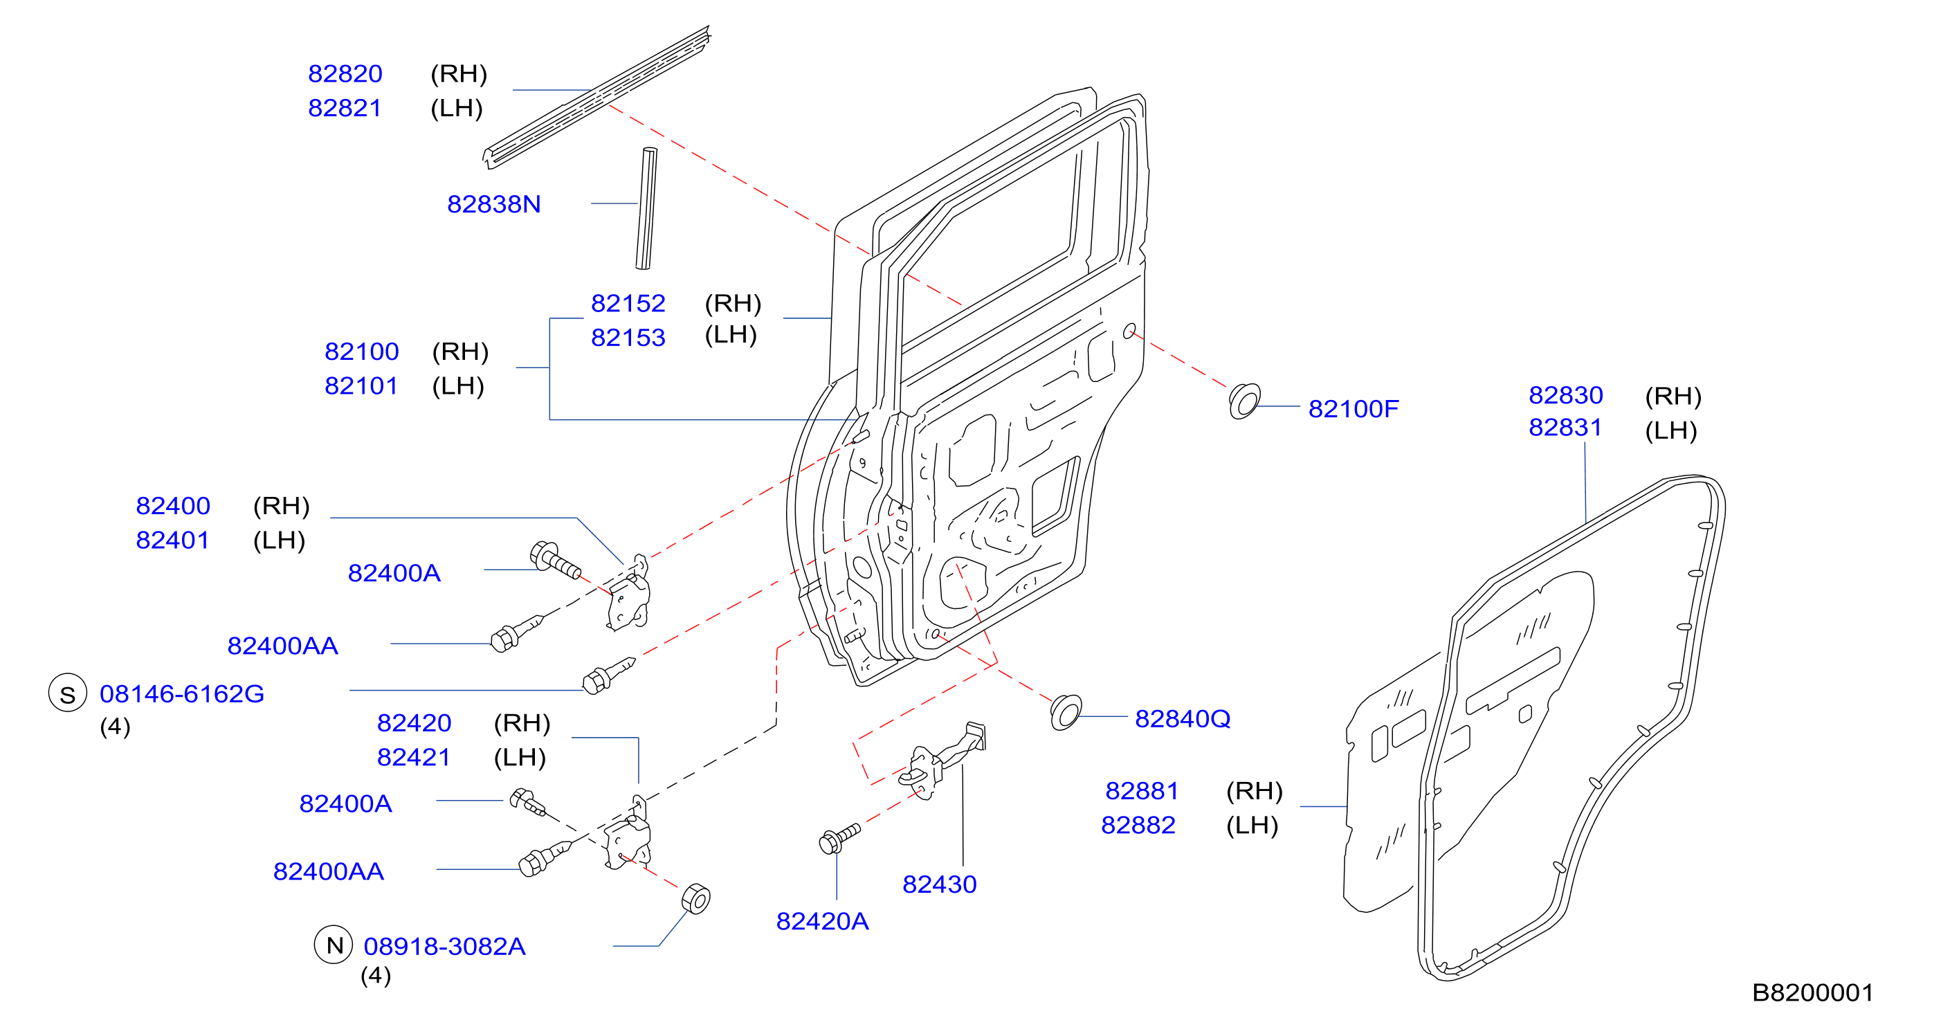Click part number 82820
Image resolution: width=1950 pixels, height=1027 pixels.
(x=345, y=74)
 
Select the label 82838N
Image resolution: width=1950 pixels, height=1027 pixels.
(x=493, y=204)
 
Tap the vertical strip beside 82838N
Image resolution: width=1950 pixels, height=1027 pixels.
(x=646, y=208)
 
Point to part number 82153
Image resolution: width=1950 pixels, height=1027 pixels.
(x=628, y=338)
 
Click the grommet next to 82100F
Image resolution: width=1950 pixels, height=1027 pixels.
(x=1244, y=401)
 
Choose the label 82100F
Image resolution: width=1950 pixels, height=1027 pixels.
(x=1354, y=410)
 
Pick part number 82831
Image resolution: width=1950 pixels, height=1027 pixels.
(x=1565, y=428)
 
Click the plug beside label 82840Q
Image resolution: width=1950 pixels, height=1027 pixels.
(x=1066, y=712)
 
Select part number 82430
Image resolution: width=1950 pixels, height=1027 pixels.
(x=940, y=884)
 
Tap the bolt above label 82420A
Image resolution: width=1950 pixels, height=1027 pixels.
(x=839, y=838)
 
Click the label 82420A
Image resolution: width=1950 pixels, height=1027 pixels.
(x=822, y=922)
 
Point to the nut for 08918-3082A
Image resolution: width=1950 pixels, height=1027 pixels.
(x=695, y=898)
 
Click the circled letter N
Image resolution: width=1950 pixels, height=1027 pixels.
(x=334, y=945)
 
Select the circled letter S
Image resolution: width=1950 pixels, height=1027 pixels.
(x=68, y=693)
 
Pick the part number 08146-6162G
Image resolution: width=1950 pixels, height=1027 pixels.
(x=182, y=694)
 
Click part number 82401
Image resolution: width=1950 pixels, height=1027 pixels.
(x=172, y=540)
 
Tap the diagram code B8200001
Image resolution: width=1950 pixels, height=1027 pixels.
(x=1813, y=993)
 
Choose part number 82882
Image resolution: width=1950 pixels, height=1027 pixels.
(x=1138, y=826)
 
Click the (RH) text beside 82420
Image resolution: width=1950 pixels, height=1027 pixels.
(x=522, y=723)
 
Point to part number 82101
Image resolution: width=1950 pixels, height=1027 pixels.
(x=361, y=386)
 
